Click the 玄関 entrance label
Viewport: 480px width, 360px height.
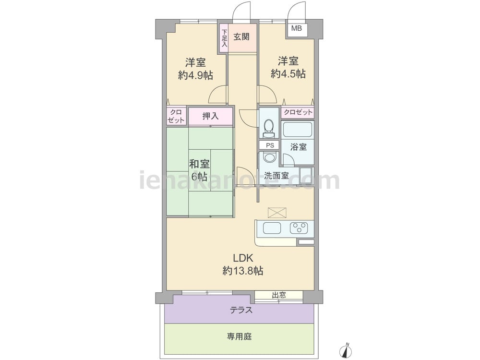(x=241, y=37)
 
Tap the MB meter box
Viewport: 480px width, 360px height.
(x=296, y=29)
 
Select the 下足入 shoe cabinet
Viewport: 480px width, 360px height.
(x=224, y=38)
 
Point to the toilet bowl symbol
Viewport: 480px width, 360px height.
(x=269, y=128)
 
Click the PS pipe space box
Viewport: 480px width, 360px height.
(x=270, y=145)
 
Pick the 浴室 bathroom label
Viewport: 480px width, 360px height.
(x=298, y=146)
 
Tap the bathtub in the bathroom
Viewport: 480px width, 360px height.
(x=297, y=130)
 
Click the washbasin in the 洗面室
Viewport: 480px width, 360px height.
(x=269, y=157)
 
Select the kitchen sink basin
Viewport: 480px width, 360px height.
(x=272, y=228)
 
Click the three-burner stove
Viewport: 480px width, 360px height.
(x=299, y=228)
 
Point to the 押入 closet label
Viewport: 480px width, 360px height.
(x=210, y=116)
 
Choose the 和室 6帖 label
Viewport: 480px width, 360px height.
(x=199, y=170)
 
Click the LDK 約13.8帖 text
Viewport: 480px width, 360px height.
(x=243, y=264)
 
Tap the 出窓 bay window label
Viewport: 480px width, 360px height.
(x=278, y=295)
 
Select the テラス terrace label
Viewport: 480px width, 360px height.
(x=241, y=310)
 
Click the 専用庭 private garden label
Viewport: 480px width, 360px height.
(x=239, y=336)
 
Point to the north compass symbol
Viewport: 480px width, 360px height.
(x=347, y=349)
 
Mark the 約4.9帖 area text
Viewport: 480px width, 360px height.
(x=196, y=75)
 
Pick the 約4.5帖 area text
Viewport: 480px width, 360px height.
(x=288, y=73)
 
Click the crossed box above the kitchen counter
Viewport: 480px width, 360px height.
(x=277, y=213)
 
